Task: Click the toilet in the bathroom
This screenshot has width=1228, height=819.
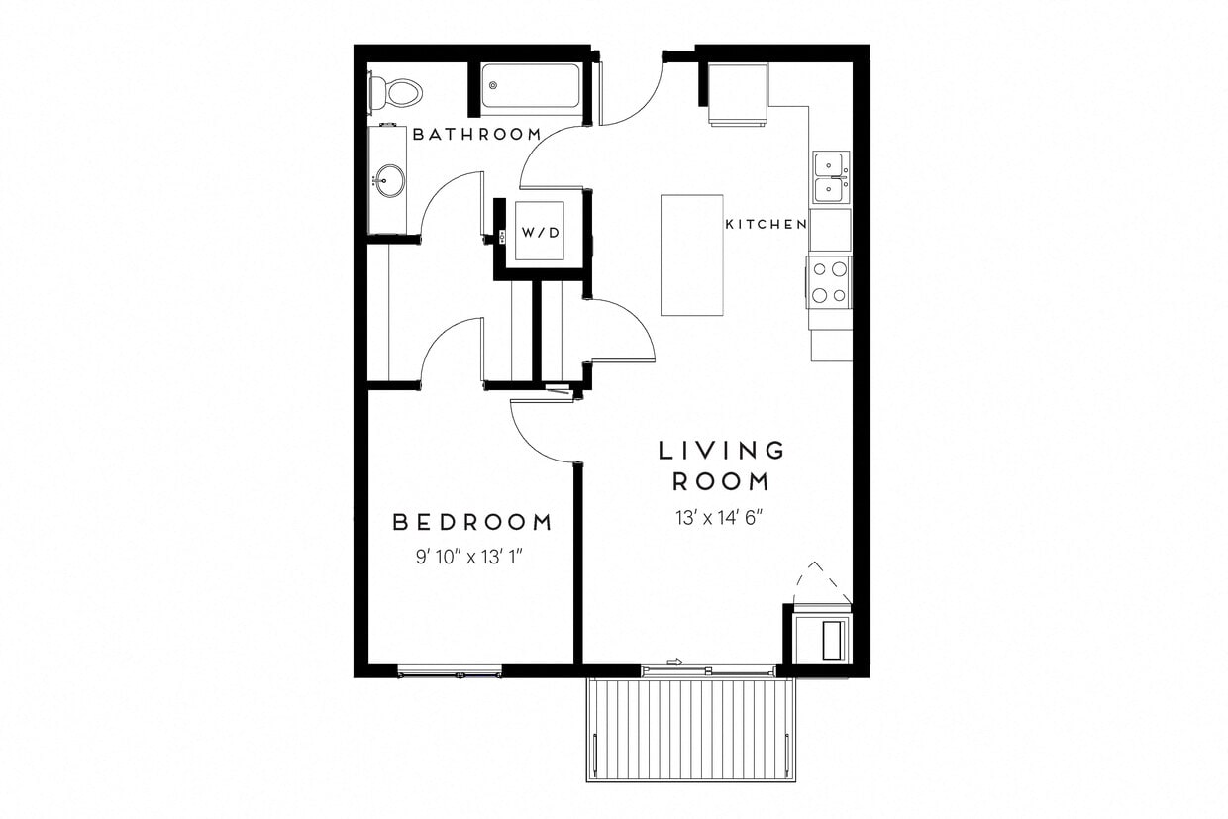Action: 397,93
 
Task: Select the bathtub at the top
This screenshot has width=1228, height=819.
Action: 530,87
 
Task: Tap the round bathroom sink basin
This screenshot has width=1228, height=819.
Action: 390,181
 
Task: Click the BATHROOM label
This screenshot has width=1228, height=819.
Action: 476,134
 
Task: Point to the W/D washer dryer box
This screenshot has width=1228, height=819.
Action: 540,232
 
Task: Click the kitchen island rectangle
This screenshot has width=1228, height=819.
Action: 692,255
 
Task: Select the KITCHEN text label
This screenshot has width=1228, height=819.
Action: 766,225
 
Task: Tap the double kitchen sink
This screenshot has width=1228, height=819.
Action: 830,177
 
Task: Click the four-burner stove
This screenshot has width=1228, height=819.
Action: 829,281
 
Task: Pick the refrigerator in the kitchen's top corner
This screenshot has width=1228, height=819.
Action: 739,94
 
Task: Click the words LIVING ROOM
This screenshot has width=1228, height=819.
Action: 722,465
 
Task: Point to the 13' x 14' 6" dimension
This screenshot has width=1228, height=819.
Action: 721,516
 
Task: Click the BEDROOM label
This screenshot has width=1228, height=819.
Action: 471,522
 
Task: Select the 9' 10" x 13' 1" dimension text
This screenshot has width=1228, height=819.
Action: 468,557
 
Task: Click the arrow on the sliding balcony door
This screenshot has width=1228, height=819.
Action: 675,662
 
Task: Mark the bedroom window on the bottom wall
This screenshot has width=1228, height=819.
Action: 450,671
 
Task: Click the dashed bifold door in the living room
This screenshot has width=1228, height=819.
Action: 821,582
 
